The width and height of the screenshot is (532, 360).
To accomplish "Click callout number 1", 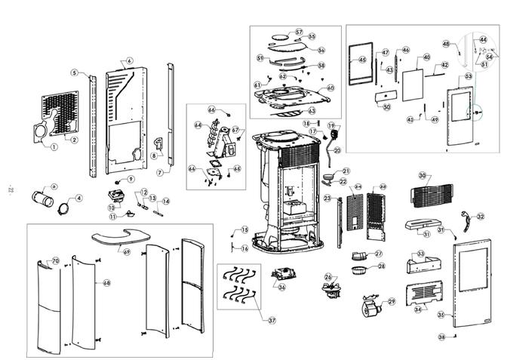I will point(54,146).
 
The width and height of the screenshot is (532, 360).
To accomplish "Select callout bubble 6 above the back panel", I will point(130,60).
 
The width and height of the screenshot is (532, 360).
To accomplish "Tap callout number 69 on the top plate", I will point(127,251).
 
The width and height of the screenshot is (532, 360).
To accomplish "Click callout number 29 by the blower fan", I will point(392,302).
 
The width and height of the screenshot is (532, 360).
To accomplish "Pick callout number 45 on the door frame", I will point(361,60).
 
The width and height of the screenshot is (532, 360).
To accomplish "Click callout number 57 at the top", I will point(299,32).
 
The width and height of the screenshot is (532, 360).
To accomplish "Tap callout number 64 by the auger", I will point(198,125).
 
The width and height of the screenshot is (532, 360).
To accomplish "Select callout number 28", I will point(380,266).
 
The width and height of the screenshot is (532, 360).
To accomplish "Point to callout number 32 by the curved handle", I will point(480,217).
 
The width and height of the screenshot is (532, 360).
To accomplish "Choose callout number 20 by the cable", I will point(337,150).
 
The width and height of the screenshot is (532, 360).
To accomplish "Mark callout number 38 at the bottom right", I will point(441,336).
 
